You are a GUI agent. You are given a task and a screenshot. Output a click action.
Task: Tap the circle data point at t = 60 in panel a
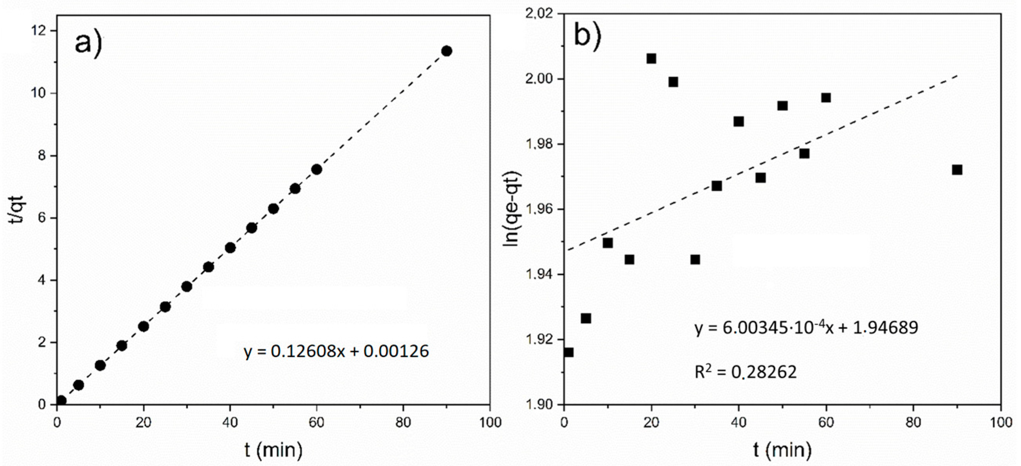pos(316,169)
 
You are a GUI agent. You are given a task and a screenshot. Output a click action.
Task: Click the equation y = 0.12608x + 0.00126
pos(336,352)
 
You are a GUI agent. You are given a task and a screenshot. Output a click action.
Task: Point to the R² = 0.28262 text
pos(746,372)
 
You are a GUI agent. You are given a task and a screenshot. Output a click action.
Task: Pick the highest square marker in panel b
pos(651,59)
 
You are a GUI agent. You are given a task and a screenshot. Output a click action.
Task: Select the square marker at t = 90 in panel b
pos(957,170)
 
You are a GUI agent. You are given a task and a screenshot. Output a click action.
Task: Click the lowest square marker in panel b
pos(568,352)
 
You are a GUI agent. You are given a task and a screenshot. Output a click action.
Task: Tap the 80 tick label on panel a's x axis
pos(403,423)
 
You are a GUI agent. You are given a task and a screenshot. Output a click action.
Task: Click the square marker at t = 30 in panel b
pos(695,260)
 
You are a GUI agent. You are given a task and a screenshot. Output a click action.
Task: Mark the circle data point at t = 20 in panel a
pos(143,326)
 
